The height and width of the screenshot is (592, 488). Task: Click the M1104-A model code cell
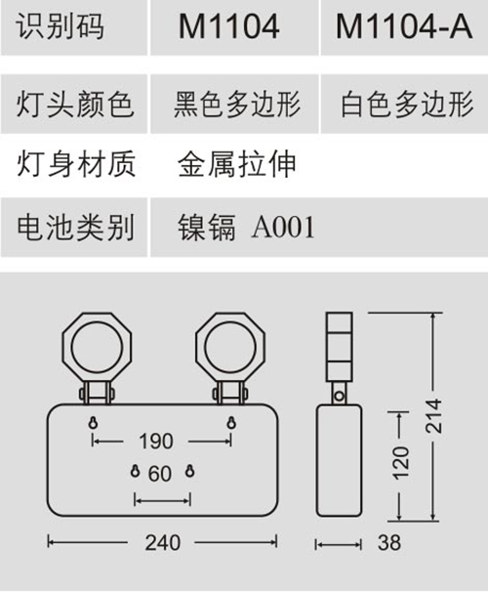click(x=404, y=26)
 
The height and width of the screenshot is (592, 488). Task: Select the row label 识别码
click(x=60, y=26)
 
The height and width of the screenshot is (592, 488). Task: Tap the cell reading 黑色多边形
click(x=237, y=105)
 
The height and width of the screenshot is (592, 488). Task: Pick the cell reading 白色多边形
click(x=407, y=105)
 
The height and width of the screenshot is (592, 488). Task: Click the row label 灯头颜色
click(x=75, y=105)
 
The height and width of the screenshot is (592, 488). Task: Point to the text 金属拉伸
click(x=237, y=165)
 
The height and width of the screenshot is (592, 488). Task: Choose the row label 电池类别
click(x=75, y=228)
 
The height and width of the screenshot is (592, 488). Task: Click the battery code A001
click(x=283, y=228)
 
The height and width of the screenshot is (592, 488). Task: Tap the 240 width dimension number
click(x=163, y=543)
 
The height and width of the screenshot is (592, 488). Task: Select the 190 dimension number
click(x=156, y=441)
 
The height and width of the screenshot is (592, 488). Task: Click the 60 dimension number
click(x=160, y=474)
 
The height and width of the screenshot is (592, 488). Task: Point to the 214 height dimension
click(x=433, y=416)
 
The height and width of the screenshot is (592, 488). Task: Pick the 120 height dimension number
click(x=400, y=463)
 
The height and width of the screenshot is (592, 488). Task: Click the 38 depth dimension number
click(x=389, y=543)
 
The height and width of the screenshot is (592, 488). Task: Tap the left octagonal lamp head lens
click(x=97, y=348)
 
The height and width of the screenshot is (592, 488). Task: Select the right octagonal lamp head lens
click(x=230, y=348)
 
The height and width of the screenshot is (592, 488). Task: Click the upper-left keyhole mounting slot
click(x=93, y=422)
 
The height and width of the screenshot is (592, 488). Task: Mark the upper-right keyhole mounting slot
click(x=231, y=422)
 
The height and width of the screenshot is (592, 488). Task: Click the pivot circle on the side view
click(x=340, y=396)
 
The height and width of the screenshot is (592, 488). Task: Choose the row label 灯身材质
click(x=75, y=165)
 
